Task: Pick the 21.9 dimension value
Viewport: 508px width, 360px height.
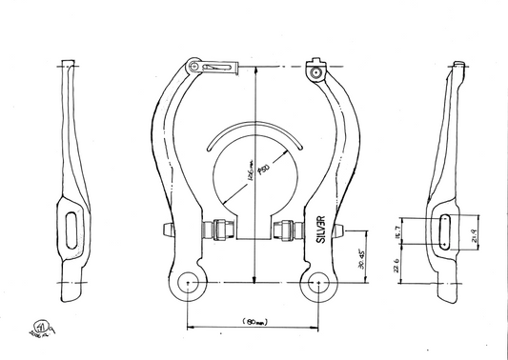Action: [x=474, y=229]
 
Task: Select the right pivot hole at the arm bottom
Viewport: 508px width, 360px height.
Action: [x=319, y=282]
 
